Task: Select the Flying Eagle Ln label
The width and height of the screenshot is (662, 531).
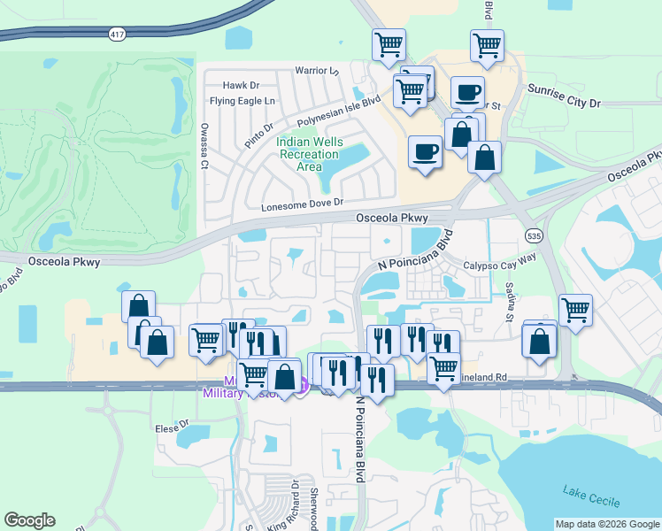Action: coord(243,101)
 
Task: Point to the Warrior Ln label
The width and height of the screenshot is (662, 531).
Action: coord(317,70)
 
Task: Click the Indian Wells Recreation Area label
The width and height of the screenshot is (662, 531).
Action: coord(308,155)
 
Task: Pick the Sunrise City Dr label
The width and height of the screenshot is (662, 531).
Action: coord(564,96)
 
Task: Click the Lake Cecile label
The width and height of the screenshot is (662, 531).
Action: coord(591,496)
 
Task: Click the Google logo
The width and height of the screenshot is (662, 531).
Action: coord(30,520)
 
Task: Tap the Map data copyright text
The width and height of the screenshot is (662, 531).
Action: coord(606,524)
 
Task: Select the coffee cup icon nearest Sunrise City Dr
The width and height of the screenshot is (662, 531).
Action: coord(466,92)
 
